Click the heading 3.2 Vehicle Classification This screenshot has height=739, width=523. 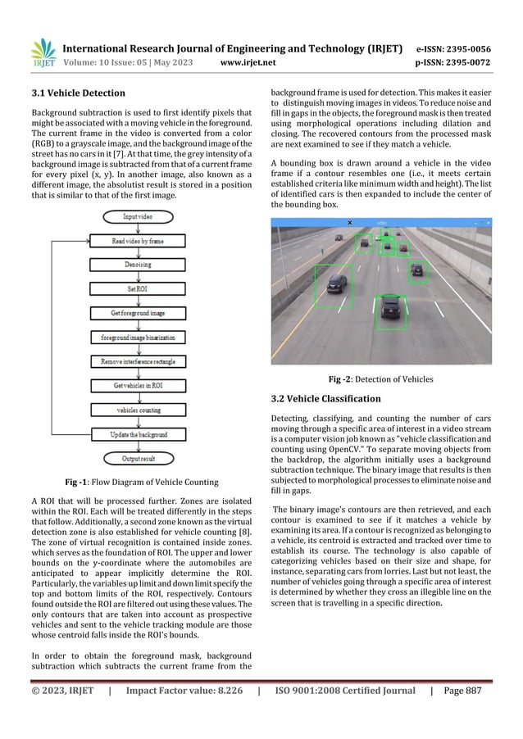tap(325, 398)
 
